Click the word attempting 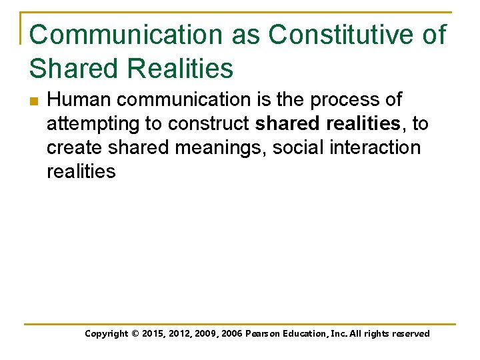pos(91,124)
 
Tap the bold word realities pos(363,124)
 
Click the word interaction pos(380,147)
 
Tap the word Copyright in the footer pos(107,334)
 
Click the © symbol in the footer pos(138,334)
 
